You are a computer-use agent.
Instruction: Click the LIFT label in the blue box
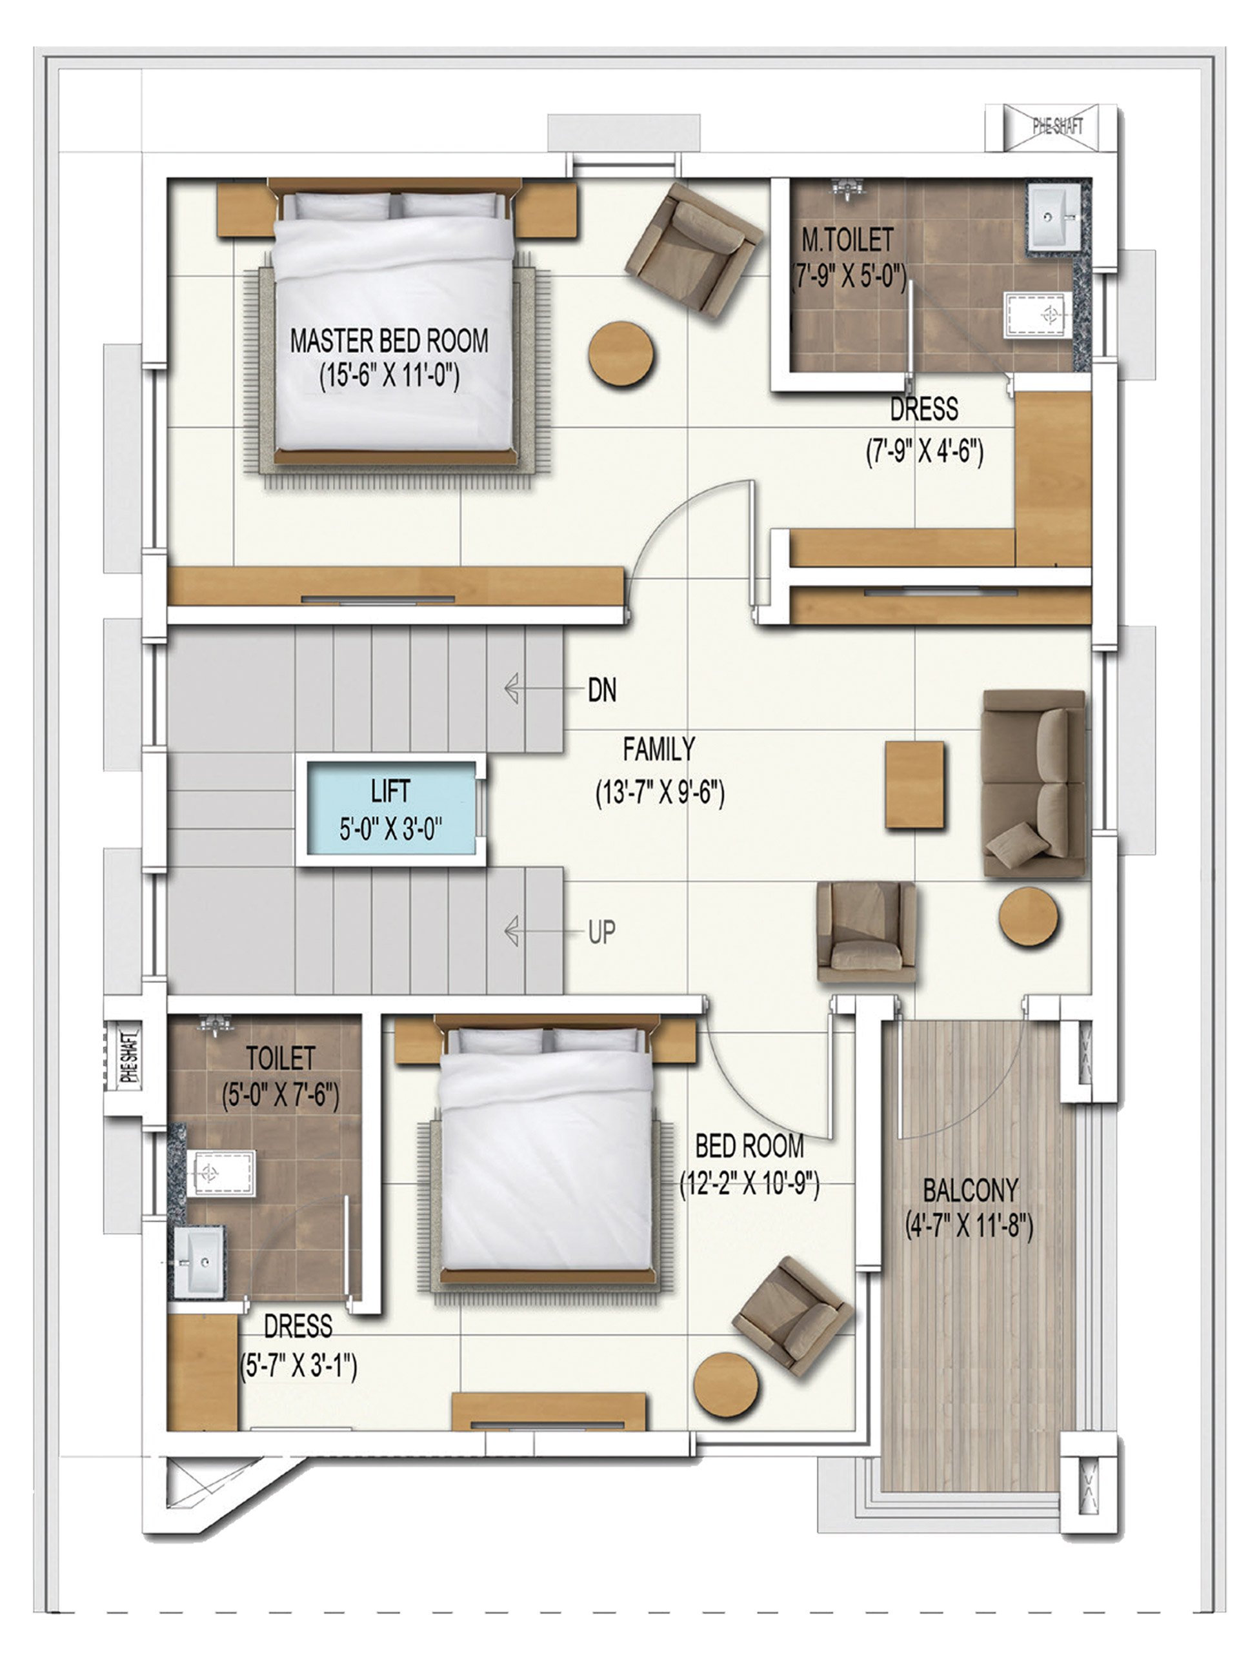click(390, 791)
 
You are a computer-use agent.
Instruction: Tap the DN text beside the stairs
click(601, 689)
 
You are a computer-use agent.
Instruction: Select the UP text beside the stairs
click(601, 933)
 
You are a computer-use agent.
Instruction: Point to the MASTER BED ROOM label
click(388, 341)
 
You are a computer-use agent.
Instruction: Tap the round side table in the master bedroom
click(621, 354)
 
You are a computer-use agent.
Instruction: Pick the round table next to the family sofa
click(1028, 917)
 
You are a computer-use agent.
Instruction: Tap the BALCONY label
click(971, 1190)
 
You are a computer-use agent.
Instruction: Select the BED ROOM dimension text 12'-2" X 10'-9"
click(749, 1185)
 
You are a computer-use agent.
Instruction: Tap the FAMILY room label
click(658, 749)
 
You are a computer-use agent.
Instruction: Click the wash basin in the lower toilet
click(199, 1261)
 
